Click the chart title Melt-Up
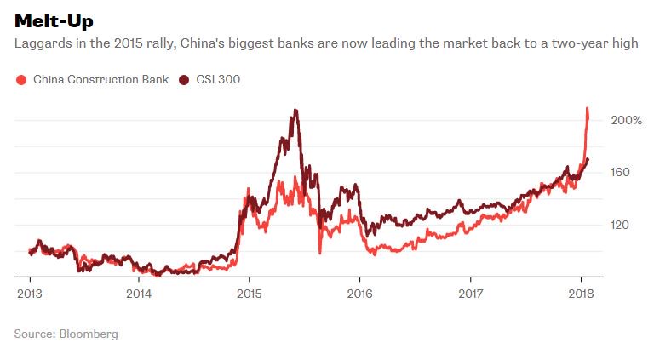click(x=54, y=20)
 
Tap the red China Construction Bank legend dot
click(x=21, y=80)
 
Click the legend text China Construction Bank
click(x=101, y=80)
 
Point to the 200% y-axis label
click(x=625, y=120)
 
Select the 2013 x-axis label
click(x=30, y=293)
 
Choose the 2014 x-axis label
click(x=139, y=293)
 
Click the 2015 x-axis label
click(x=249, y=293)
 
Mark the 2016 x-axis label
click(x=359, y=293)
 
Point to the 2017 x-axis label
click(x=470, y=293)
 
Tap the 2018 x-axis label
click(x=580, y=293)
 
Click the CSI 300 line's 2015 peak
click(x=295, y=110)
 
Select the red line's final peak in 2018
click(x=587, y=108)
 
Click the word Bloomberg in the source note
click(x=89, y=334)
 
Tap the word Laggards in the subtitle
click(x=40, y=43)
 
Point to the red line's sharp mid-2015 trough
click(x=319, y=252)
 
